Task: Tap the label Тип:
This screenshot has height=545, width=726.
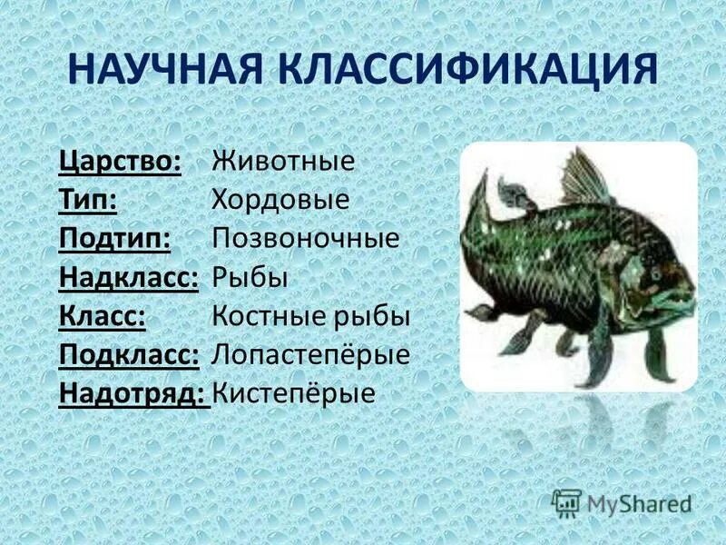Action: pyautogui.click(x=87, y=200)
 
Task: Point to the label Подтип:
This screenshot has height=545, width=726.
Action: pyautogui.click(x=116, y=238)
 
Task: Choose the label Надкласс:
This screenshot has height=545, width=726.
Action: pyautogui.click(x=129, y=277)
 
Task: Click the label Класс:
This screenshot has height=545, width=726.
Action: pyautogui.click(x=103, y=315)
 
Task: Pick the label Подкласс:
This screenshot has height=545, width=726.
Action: pyautogui.click(x=129, y=354)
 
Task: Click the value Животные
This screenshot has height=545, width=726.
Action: pyautogui.click(x=283, y=161)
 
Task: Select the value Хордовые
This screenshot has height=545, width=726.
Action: pyautogui.click(x=280, y=200)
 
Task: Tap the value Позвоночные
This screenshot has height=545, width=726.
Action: pyautogui.click(x=306, y=238)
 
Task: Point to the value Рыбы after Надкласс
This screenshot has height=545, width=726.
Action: pyautogui.click(x=250, y=277)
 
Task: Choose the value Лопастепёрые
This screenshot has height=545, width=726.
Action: pyautogui.click(x=310, y=354)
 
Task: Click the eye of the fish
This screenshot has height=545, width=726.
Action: pyautogui.click(x=655, y=272)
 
